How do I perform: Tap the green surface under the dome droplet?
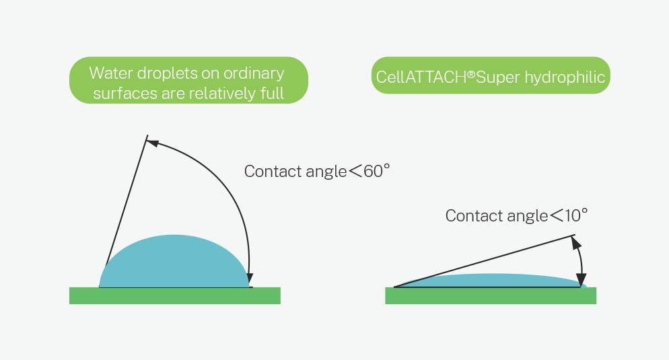click(174, 296)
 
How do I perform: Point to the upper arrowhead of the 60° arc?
click(153, 142)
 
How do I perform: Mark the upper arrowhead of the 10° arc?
click(575, 242)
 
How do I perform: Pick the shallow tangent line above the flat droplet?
click(485, 261)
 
